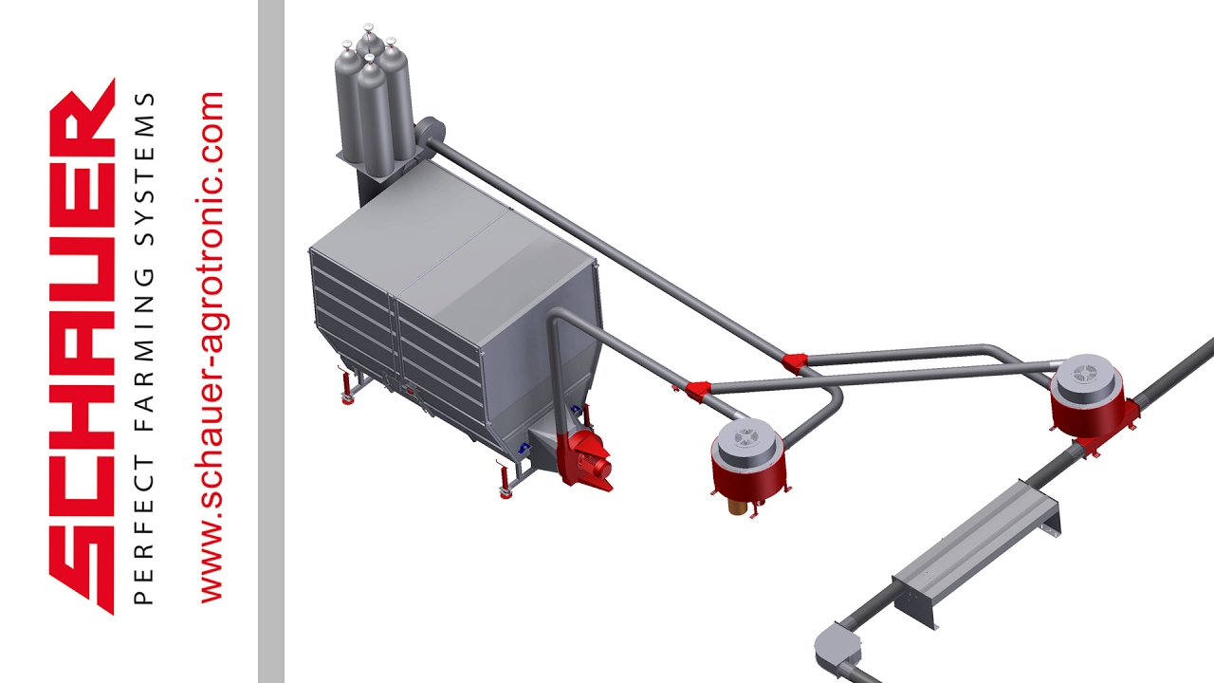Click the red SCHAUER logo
[83, 346]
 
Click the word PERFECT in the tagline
[144, 530]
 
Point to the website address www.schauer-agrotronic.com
[212, 347]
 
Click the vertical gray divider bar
[271, 341]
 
